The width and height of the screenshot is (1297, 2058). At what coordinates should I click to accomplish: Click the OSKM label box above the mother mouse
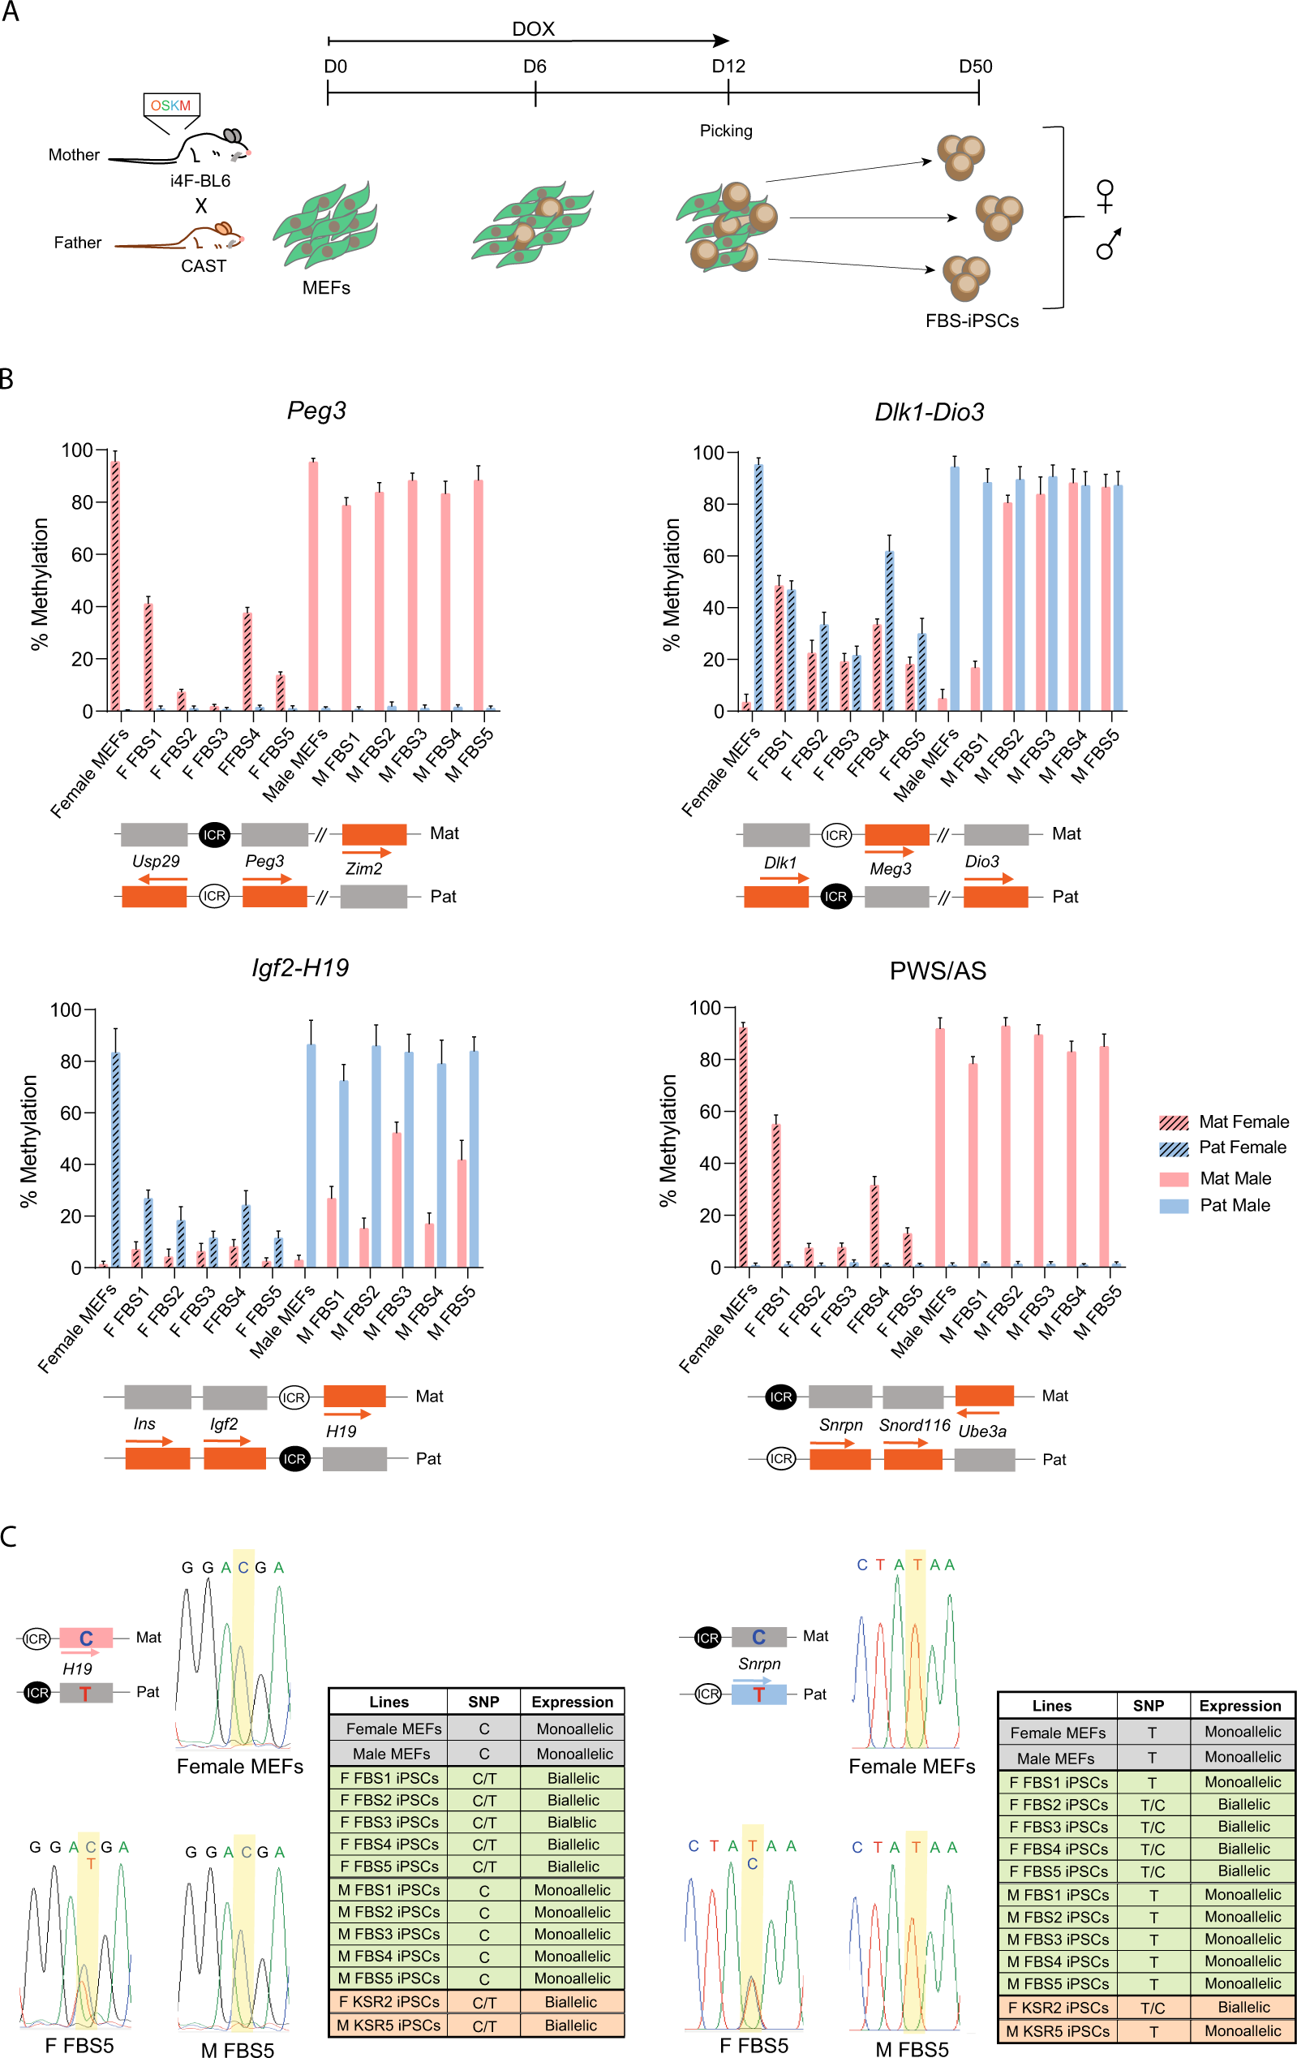click(171, 105)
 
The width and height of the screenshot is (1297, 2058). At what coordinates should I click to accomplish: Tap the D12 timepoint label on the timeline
click(728, 67)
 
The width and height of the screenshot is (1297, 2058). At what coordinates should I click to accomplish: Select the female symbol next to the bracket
click(1105, 196)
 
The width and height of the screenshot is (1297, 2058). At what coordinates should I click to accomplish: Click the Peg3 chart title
click(316, 411)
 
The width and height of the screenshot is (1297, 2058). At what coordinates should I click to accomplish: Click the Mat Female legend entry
click(1223, 1122)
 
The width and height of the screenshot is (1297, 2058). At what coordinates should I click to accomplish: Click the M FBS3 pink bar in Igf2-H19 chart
click(397, 1199)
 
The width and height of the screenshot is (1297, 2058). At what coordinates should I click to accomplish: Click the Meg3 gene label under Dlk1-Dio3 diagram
click(890, 868)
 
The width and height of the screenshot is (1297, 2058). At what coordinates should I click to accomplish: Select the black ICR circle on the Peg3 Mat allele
click(214, 835)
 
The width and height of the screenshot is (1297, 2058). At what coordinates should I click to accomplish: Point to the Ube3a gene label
click(981, 1432)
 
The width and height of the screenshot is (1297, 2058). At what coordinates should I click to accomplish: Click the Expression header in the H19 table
click(572, 1702)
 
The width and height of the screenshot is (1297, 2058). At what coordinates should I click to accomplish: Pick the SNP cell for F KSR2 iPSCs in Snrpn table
click(1152, 2008)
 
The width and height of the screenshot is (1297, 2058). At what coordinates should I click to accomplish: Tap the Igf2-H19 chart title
click(300, 967)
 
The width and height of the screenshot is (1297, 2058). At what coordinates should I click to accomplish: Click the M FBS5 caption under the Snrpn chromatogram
click(912, 2048)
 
